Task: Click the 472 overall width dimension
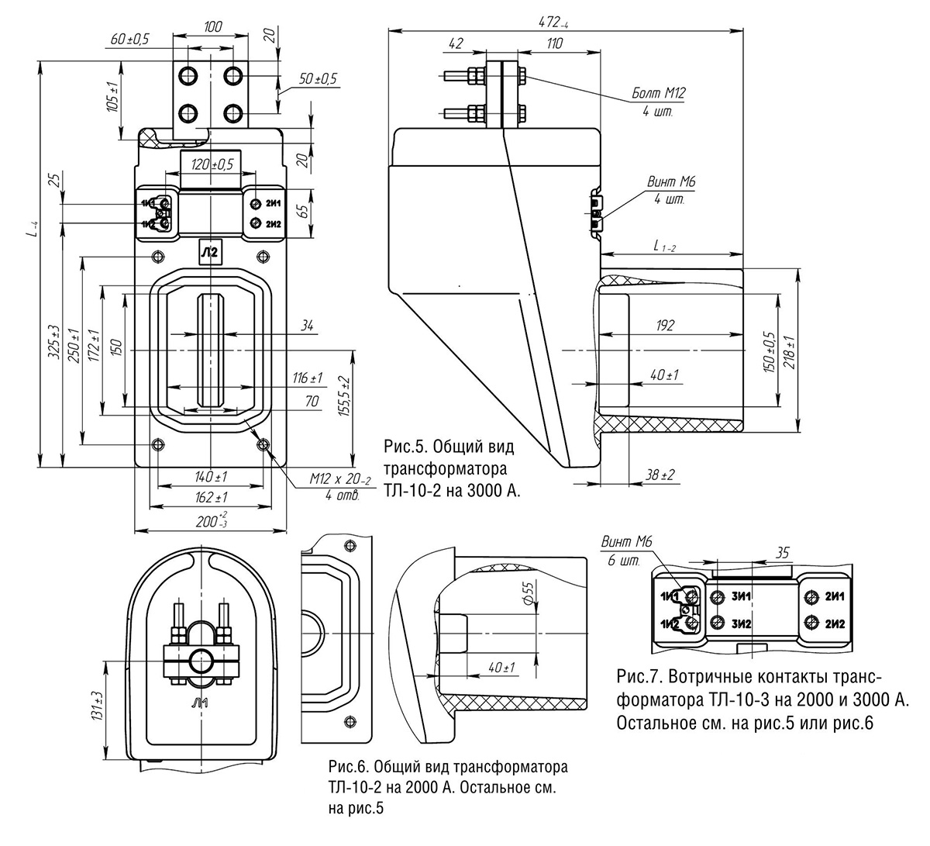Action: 553,22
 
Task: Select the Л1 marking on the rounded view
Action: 199,704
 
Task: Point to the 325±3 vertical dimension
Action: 55,341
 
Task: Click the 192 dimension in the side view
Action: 664,326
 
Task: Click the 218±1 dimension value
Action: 790,353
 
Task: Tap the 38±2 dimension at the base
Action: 660,475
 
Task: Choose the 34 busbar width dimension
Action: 307,326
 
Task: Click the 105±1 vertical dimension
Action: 112,96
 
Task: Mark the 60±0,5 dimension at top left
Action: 129,39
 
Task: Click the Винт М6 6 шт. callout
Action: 626,551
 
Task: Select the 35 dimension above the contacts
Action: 783,553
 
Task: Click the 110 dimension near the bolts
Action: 554,43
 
